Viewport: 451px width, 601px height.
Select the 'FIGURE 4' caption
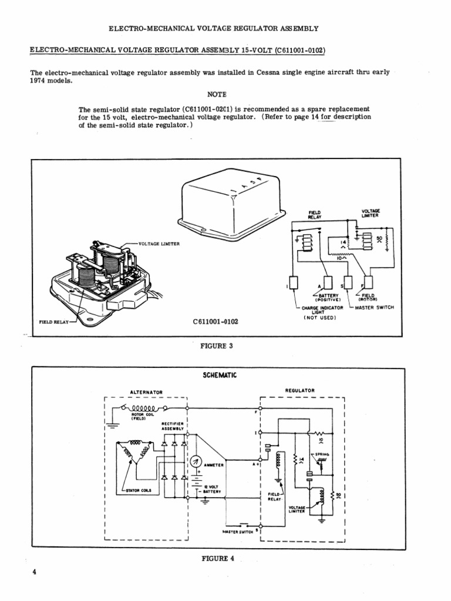point(218,558)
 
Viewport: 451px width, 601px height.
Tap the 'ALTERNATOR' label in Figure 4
point(146,391)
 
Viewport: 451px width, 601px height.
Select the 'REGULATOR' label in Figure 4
point(300,390)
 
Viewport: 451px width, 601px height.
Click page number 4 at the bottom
point(35,572)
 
